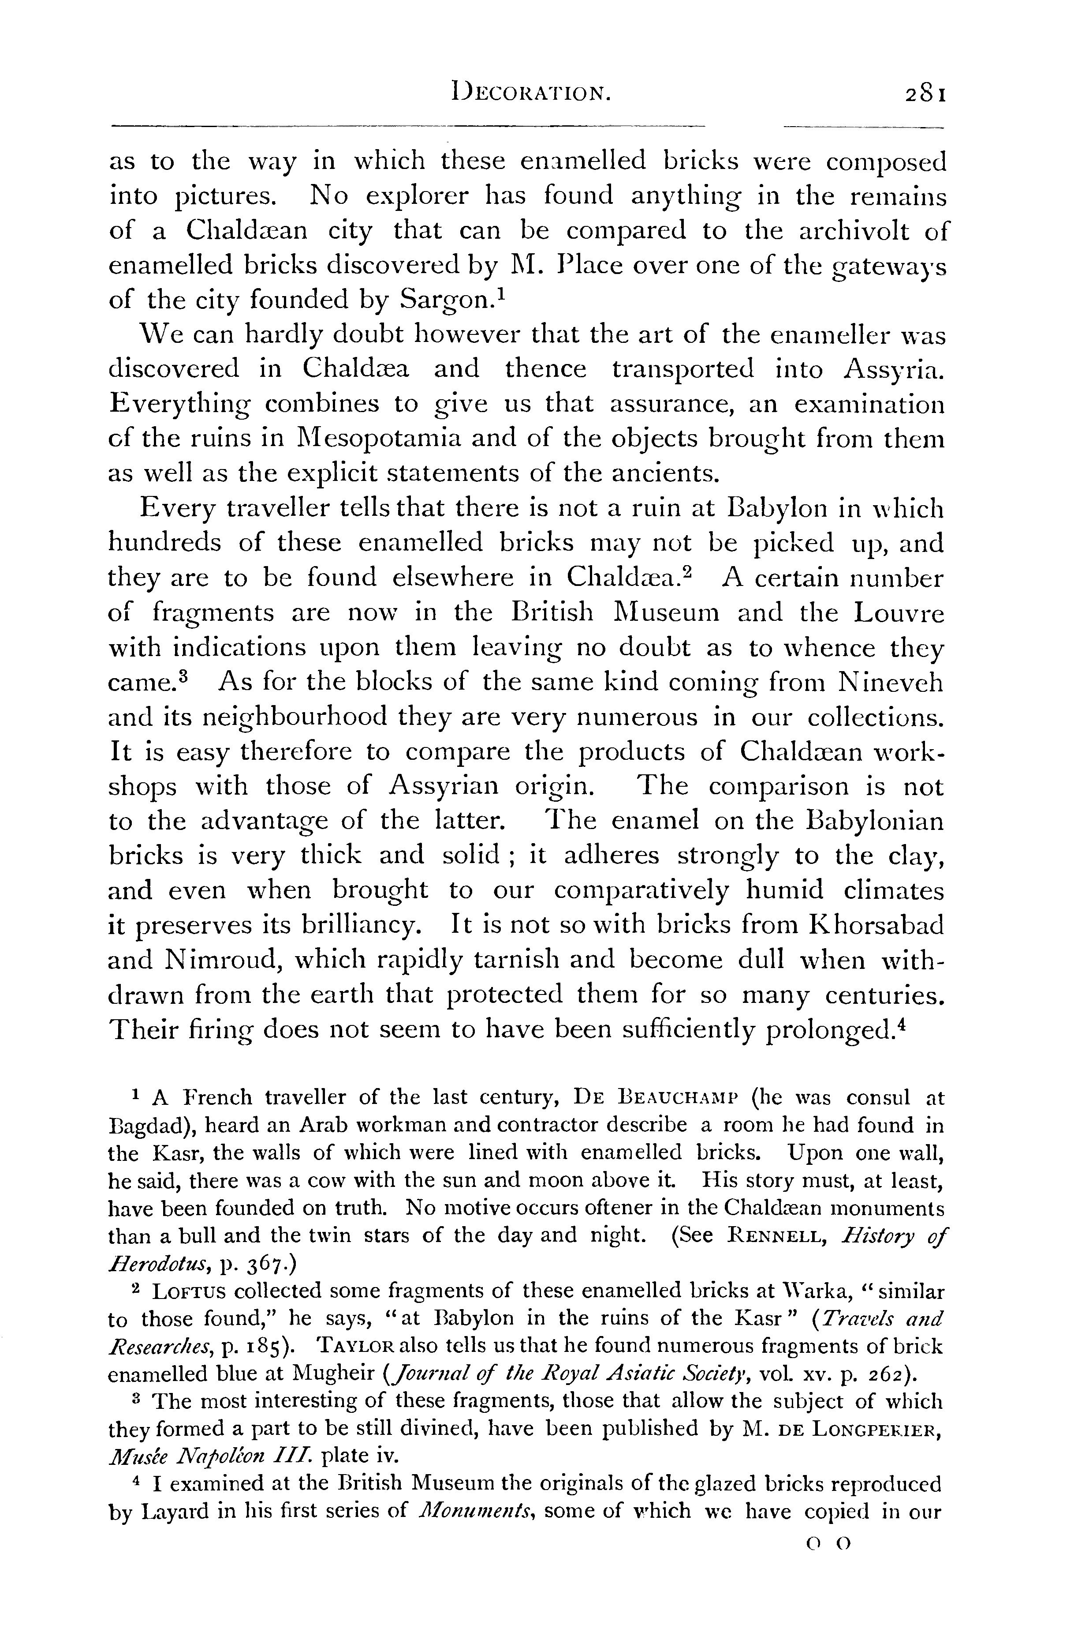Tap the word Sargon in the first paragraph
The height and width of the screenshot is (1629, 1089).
pyautogui.click(x=445, y=300)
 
